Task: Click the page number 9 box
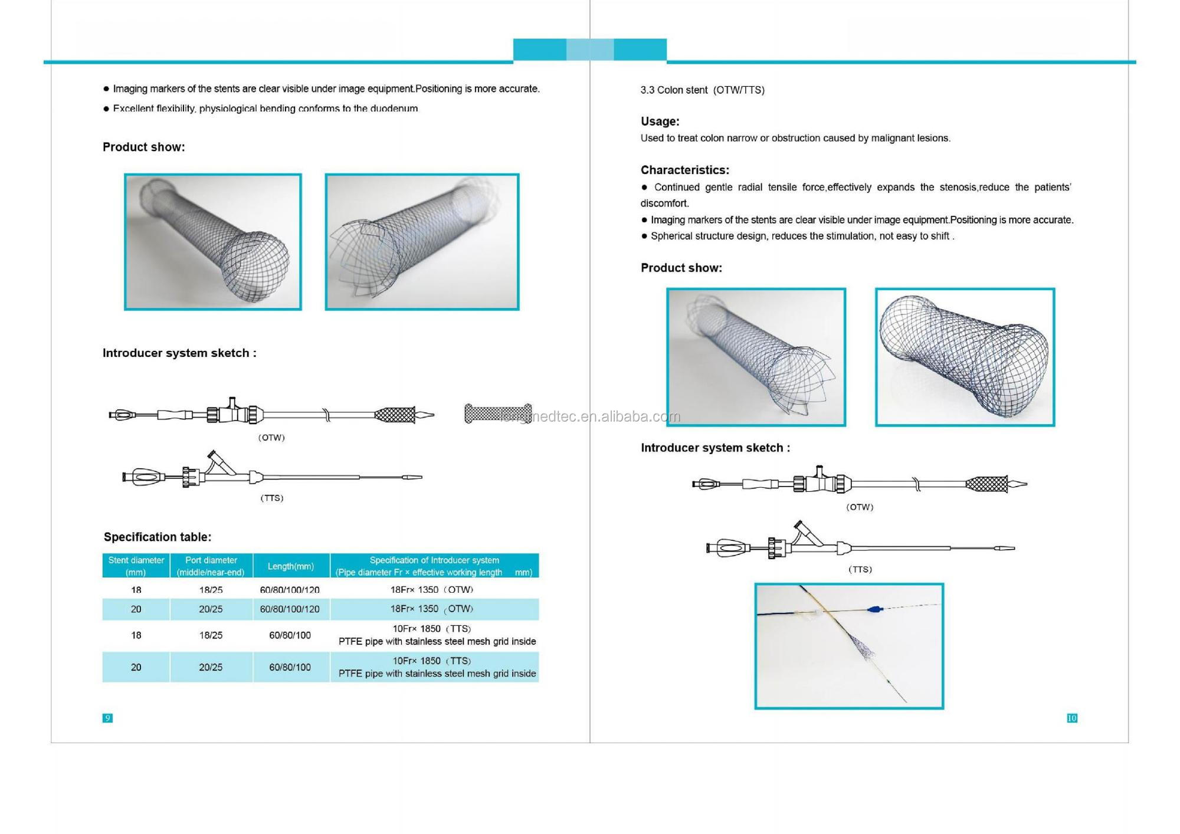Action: point(107,718)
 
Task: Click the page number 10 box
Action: point(1072,718)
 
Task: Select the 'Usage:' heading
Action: point(660,122)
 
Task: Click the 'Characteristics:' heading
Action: point(684,170)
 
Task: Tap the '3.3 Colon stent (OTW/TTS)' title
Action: point(702,90)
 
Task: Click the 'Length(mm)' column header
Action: point(290,566)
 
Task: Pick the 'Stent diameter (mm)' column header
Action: point(136,566)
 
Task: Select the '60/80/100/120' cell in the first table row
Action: point(290,590)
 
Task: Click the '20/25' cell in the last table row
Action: point(211,667)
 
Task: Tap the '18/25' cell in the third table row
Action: point(211,635)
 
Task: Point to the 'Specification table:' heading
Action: point(157,537)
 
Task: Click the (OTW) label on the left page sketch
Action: point(271,438)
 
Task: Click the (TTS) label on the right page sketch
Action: point(860,569)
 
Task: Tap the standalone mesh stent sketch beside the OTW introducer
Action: point(497,413)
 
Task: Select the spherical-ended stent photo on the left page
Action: point(212,242)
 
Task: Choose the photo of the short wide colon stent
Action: point(965,357)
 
